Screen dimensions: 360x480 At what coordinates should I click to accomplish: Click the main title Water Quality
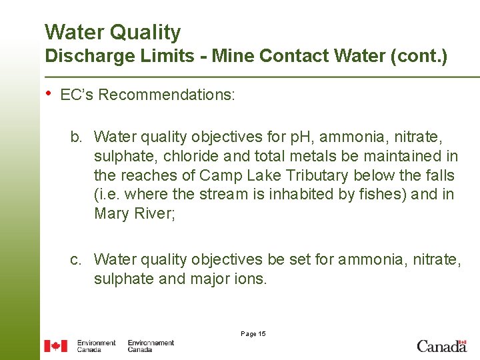coord(113,32)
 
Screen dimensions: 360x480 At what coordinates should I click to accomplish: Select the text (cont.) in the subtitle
coord(423,56)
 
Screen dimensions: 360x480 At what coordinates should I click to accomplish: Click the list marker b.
coord(77,137)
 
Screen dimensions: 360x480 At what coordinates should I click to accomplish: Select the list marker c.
coord(77,259)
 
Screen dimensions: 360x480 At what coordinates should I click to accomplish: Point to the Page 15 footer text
coord(253,334)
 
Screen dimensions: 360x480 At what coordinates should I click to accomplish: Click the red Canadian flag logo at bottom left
coord(55,346)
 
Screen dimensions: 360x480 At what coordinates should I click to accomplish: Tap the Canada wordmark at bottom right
coord(441,346)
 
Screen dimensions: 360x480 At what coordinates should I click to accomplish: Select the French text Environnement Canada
coord(151,346)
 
